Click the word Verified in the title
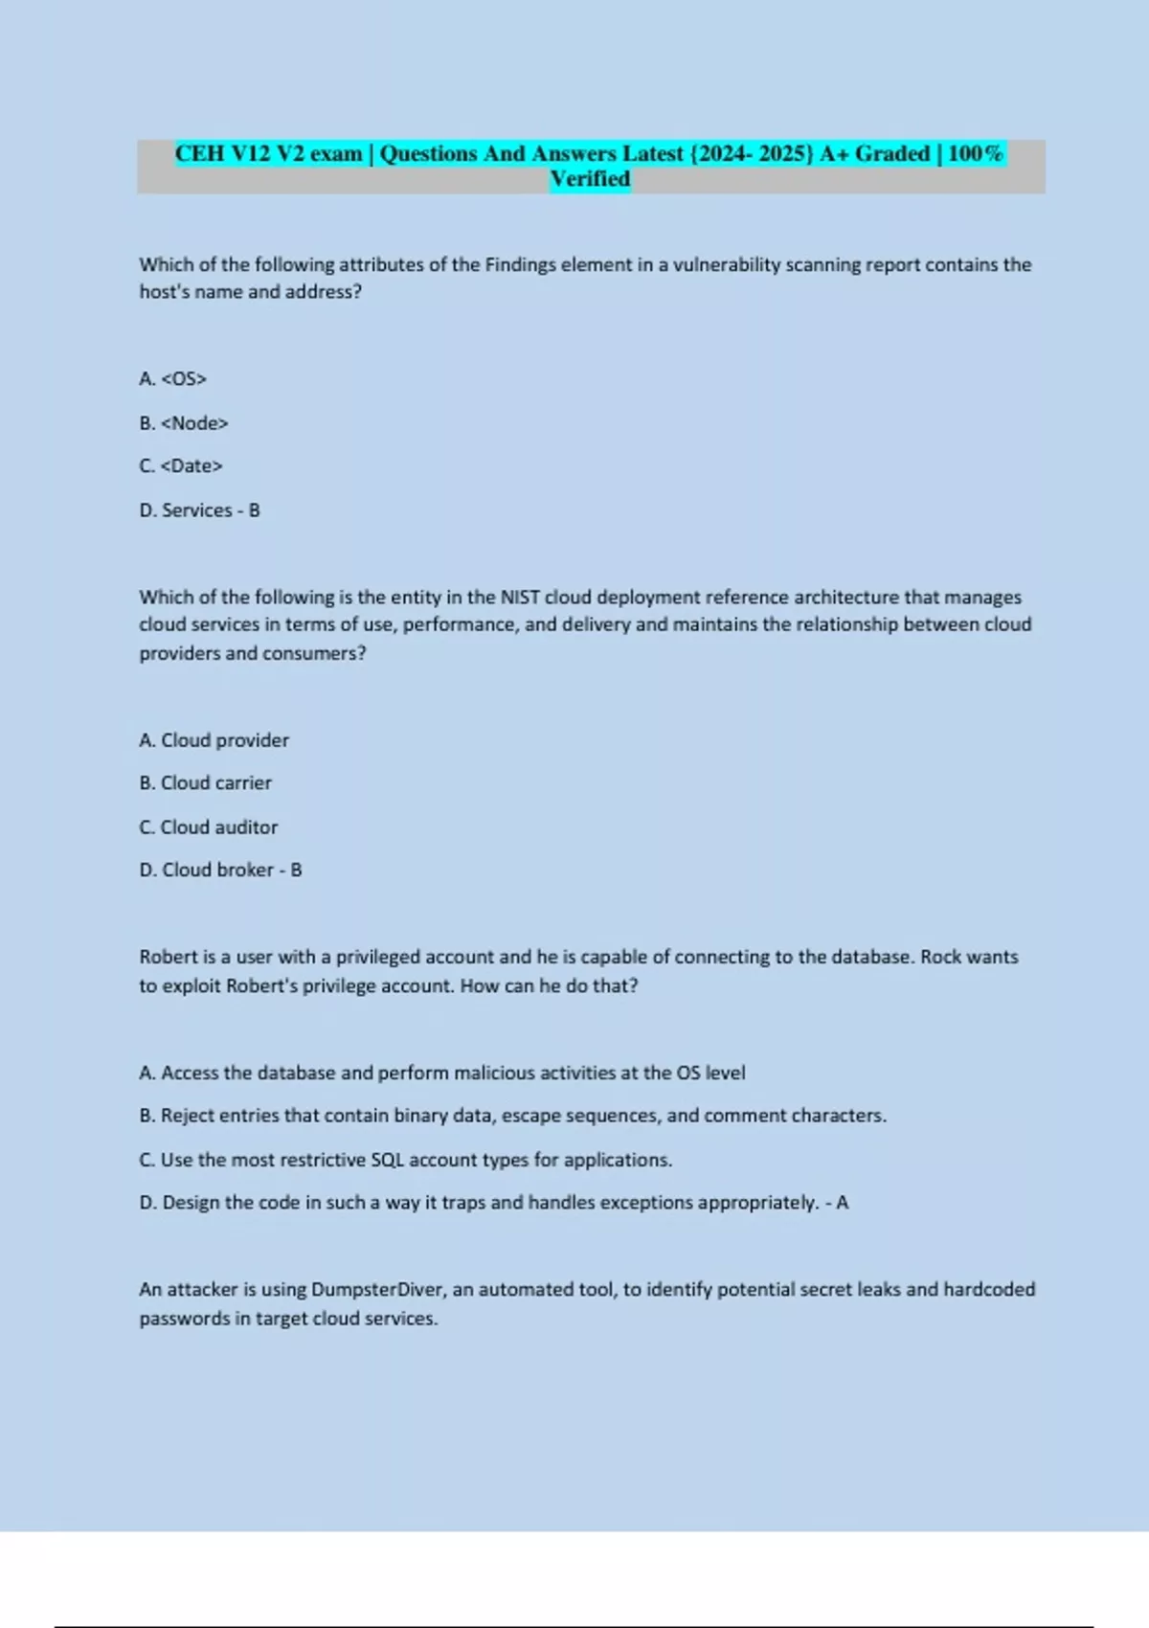click(590, 179)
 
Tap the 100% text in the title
click(975, 154)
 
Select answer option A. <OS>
click(173, 379)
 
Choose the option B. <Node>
click(184, 423)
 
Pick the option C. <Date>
click(181, 466)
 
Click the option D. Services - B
click(199, 510)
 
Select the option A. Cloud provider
click(214, 740)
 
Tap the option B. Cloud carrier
click(205, 783)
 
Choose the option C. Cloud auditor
click(209, 827)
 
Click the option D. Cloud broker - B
click(220, 871)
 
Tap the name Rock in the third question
click(942, 957)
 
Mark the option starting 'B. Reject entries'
click(512, 1116)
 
